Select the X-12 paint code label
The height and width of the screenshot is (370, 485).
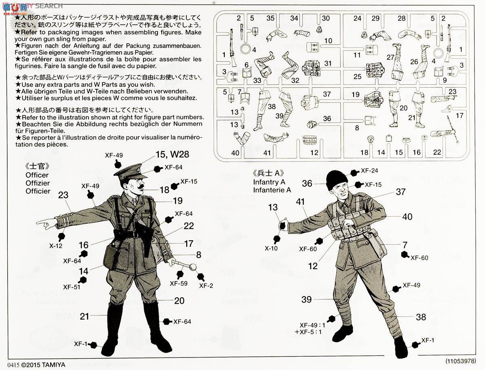tap(56, 245)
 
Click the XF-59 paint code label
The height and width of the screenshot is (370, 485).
tap(179, 283)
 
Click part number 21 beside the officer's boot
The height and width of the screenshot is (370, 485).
tap(84, 316)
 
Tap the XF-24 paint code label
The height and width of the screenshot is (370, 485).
tap(369, 170)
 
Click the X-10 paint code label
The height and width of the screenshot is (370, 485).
tap(271, 248)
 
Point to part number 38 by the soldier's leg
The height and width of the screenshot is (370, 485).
tap(421, 317)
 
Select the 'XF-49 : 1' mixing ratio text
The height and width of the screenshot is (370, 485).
tap(312, 324)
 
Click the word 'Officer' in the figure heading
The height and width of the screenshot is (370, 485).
tap(37, 175)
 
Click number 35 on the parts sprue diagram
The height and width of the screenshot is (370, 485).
tap(271, 18)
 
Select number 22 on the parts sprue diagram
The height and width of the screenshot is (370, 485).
tap(437, 152)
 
